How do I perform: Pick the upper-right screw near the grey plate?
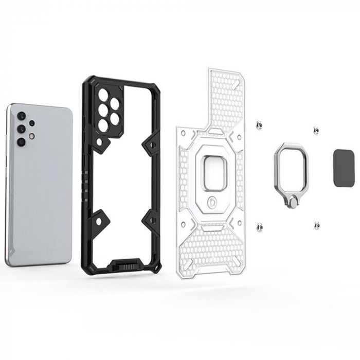[316, 131]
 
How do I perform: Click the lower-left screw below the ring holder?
[260, 226]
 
